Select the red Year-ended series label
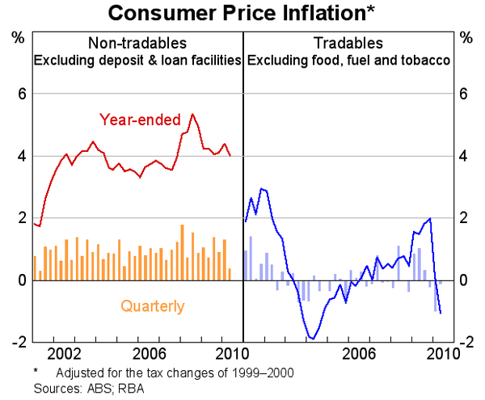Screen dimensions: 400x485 pos(140,120)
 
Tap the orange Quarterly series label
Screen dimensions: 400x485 pos(153,306)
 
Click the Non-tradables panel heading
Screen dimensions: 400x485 pos(137,43)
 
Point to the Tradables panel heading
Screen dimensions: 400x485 pos(349,43)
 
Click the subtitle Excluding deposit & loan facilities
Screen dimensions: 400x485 pos(137,59)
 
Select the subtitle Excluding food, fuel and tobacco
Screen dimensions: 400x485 pos(349,59)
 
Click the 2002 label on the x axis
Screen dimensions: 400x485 pos(63,354)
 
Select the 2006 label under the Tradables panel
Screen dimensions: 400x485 pos(359,354)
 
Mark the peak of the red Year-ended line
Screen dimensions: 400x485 pos(192,114)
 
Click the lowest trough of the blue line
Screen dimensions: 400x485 pos(312,339)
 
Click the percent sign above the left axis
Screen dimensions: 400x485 pos(16,38)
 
